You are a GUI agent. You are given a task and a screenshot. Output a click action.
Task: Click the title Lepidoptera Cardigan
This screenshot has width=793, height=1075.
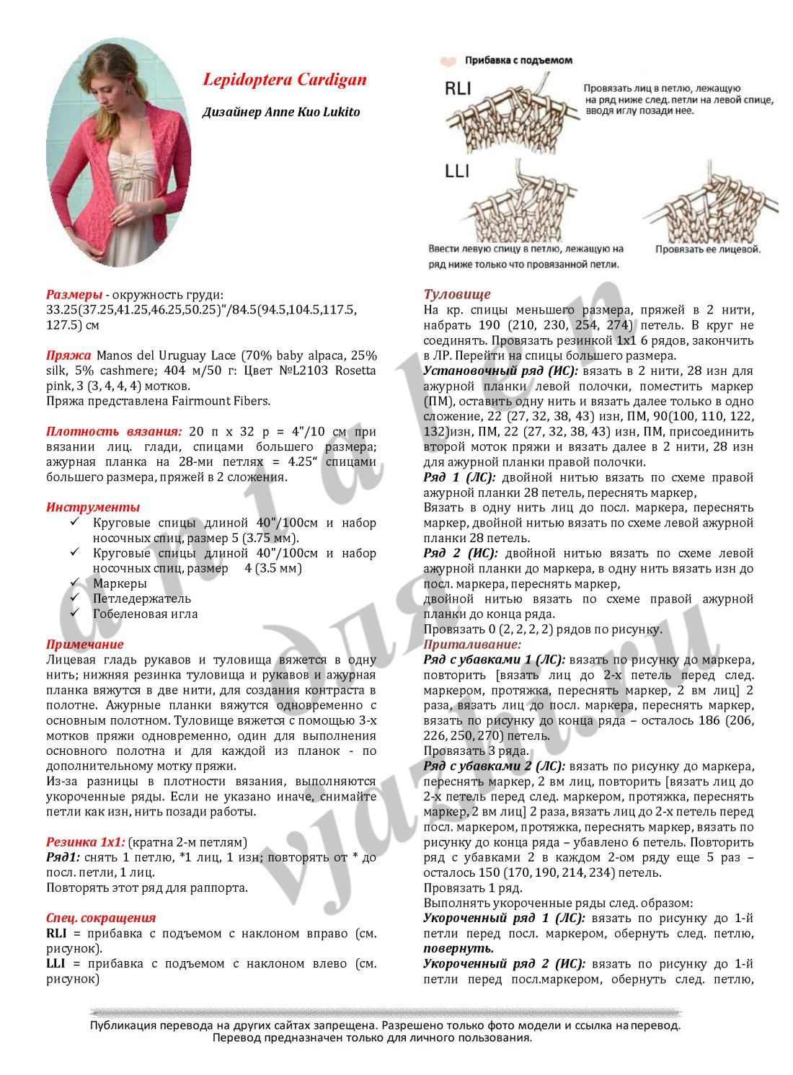285,80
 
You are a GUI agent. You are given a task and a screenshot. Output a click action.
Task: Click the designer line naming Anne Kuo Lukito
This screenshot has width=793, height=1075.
281,112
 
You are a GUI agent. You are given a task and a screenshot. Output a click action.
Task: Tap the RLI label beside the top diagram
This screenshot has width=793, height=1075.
457,89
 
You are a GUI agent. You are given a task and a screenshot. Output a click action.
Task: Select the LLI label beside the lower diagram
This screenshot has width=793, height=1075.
457,171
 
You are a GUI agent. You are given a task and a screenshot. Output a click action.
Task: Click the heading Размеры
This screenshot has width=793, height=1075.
74,295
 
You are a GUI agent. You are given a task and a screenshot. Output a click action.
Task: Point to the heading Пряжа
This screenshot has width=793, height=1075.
68,355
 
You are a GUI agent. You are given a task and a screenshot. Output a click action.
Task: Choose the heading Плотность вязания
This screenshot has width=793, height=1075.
114,432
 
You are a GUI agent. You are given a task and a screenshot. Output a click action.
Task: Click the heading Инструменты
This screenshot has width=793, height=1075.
93,507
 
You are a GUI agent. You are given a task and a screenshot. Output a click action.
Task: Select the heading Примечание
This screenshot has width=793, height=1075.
85,644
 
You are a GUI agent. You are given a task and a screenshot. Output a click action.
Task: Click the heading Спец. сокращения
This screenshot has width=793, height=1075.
101,918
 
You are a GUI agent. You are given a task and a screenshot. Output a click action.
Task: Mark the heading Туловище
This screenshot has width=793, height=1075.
457,294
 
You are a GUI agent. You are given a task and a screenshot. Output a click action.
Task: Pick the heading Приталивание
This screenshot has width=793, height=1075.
472,645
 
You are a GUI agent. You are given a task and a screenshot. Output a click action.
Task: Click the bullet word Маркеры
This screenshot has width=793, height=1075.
120,583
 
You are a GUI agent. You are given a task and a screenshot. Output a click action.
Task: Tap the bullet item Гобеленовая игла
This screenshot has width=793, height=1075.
145,614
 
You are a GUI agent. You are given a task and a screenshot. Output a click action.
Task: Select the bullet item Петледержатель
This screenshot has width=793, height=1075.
142,598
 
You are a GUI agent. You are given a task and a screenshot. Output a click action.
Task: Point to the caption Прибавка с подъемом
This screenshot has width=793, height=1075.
518,61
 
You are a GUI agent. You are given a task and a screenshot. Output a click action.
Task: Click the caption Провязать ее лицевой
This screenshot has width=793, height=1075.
707,249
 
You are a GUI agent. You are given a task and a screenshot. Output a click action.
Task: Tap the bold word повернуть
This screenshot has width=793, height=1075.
458,948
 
